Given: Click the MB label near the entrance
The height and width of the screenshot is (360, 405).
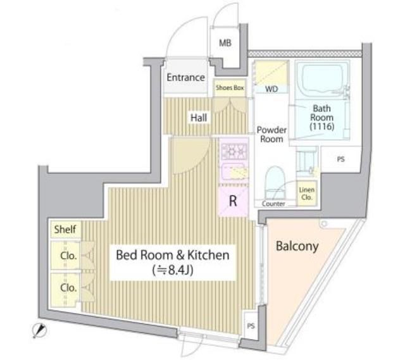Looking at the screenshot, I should point(225,44).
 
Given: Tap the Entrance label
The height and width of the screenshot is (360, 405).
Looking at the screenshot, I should point(185,77).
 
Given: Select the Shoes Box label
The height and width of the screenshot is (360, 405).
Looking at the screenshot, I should point(230,89).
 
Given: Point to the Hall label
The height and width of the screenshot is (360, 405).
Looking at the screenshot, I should point(199,116).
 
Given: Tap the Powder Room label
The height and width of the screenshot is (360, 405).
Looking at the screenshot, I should point(272,134).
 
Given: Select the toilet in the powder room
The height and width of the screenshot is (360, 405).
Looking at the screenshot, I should point(275,181).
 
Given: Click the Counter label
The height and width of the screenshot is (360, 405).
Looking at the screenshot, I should point(273,204).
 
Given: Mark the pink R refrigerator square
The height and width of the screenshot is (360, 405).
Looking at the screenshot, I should point(233,202).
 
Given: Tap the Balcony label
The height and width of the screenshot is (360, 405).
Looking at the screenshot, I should point(297,246).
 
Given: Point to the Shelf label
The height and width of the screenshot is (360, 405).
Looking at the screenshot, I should point(65,229).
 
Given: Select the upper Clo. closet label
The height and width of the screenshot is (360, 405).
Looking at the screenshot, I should point(68,256).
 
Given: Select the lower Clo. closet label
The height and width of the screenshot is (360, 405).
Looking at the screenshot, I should point(68,287).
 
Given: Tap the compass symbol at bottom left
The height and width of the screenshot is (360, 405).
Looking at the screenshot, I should point(40,329).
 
